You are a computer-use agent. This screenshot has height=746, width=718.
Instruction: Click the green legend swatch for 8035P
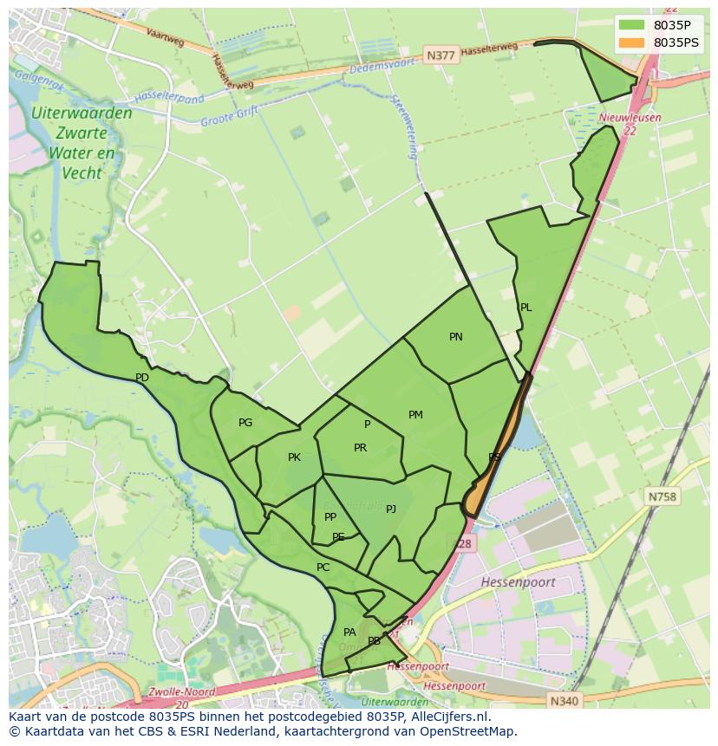tap(632, 25)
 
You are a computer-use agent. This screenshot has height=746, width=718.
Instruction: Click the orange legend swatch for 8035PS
tap(632, 42)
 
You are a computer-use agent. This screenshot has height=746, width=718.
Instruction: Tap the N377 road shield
tap(441, 55)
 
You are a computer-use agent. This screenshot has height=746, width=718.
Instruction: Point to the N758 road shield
tap(663, 496)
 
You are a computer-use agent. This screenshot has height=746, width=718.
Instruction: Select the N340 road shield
tap(564, 700)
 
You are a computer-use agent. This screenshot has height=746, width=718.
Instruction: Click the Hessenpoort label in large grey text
tap(518, 582)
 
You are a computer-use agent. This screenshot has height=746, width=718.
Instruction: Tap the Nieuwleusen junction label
tap(630, 118)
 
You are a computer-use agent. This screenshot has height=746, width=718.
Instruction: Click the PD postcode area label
tap(142, 378)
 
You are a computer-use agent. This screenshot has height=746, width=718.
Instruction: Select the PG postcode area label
tap(245, 423)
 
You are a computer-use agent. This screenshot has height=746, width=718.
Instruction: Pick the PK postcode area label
tap(294, 457)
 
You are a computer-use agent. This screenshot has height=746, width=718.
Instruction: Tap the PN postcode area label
tap(456, 337)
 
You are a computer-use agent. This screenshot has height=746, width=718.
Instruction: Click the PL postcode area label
tap(525, 308)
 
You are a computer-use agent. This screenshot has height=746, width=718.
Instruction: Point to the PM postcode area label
tap(415, 415)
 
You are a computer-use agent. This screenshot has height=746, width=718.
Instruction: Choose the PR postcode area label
tap(360, 448)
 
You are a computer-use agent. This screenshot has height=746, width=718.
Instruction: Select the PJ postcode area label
tap(391, 509)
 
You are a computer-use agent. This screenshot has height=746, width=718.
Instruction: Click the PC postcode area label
tap(323, 568)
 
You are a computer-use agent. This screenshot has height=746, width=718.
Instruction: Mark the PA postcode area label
tap(349, 632)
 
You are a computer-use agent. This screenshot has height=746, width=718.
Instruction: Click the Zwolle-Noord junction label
tap(179, 691)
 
